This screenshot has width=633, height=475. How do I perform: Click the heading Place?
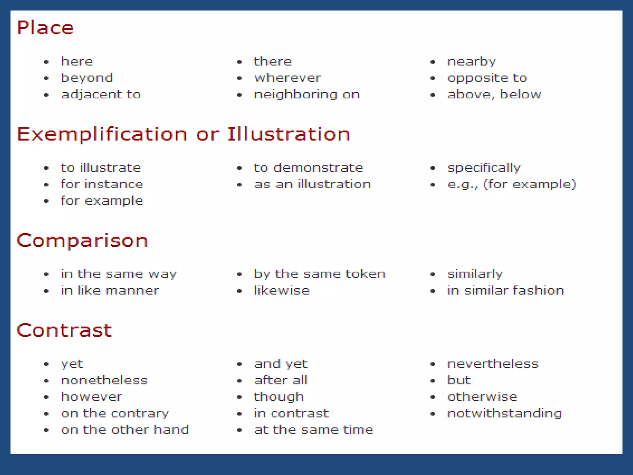point(45,28)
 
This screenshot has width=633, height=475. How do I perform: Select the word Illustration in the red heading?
point(289,134)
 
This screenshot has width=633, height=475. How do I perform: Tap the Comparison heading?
point(82,241)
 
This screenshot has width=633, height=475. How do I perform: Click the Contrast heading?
point(64,330)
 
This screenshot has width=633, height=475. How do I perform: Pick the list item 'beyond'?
point(87,78)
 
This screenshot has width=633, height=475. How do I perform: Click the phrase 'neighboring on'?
point(307,94)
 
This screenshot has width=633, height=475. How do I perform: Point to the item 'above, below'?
point(494,94)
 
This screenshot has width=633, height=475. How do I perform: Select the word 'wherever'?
point(287,78)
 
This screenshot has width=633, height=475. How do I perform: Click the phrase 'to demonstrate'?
point(308,168)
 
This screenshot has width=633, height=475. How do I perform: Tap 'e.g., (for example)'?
point(512,184)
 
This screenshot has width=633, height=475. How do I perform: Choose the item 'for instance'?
point(102,184)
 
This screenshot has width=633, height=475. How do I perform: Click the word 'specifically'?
point(484,168)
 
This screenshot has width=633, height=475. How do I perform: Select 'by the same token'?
point(320,274)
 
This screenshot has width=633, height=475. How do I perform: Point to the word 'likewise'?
point(282,290)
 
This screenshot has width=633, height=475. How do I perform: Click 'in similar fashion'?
point(506,290)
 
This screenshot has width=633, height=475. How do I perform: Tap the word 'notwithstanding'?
point(504,413)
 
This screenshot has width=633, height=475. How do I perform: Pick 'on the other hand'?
point(125,430)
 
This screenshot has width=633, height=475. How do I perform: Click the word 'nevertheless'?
point(493,364)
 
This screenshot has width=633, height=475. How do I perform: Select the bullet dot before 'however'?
point(46,397)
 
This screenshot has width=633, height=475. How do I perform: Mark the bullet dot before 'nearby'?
point(433,62)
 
